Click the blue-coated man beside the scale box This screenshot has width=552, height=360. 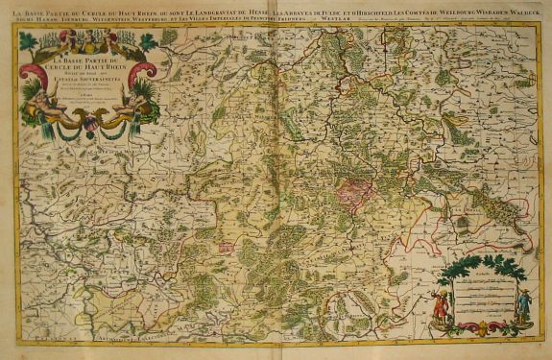pyautogui.click(x=524, y=305)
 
